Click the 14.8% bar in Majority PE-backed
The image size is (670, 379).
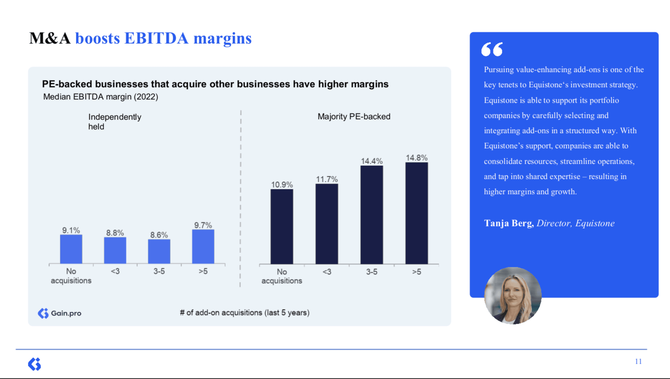416,213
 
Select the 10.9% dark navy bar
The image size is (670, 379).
282,227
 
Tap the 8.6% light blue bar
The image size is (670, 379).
159,251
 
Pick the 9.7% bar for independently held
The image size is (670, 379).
203,247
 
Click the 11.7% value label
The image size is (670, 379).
327,179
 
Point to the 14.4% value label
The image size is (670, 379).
372,161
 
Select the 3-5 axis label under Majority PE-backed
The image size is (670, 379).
372,272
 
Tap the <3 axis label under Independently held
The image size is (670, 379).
115,271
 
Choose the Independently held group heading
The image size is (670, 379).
114,121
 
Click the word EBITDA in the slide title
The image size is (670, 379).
156,38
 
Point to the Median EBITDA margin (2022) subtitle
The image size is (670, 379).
100,97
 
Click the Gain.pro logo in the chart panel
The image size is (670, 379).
60,313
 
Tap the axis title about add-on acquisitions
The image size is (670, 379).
245,313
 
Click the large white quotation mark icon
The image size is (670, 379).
492,49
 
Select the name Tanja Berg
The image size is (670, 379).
508,223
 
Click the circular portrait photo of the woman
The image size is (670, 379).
513,296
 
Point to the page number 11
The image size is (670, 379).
638,361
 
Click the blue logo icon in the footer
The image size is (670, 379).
35,364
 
